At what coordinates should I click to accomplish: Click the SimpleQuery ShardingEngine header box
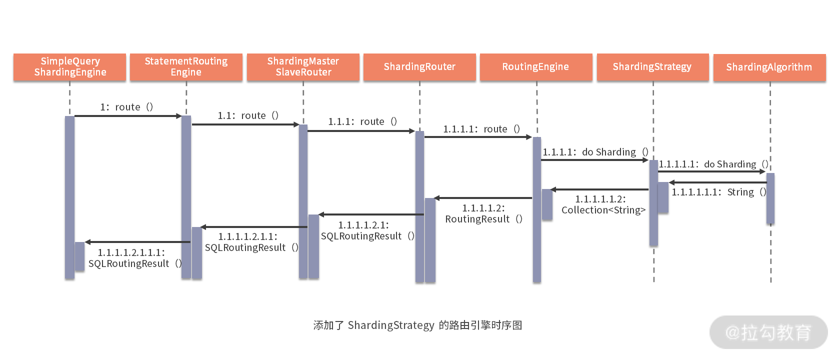coord(69,66)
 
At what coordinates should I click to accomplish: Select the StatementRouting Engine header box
coord(186,66)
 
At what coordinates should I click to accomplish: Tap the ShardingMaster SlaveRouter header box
coord(303,66)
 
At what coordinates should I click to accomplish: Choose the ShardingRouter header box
coord(419,66)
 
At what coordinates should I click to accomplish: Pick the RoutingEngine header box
coord(535,66)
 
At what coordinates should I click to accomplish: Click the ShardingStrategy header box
coord(652,66)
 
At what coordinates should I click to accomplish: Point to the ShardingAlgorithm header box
coord(769,67)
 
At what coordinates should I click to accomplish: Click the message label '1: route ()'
coord(126,107)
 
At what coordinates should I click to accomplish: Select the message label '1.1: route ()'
coord(248,115)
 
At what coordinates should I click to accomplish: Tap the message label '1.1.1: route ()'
coord(362,121)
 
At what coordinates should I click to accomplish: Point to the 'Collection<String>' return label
coord(603,210)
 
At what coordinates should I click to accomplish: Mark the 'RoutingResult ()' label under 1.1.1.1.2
coord(483,219)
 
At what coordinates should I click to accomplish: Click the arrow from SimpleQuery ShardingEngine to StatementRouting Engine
coord(127,116)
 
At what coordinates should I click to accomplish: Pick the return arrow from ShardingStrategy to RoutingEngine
coord(600,189)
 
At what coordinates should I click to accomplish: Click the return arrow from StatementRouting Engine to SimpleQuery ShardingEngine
coord(137,242)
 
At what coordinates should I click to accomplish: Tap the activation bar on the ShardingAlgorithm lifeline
coord(770,198)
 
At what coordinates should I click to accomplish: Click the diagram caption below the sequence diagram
coord(417,325)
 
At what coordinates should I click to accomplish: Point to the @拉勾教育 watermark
coord(768,332)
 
